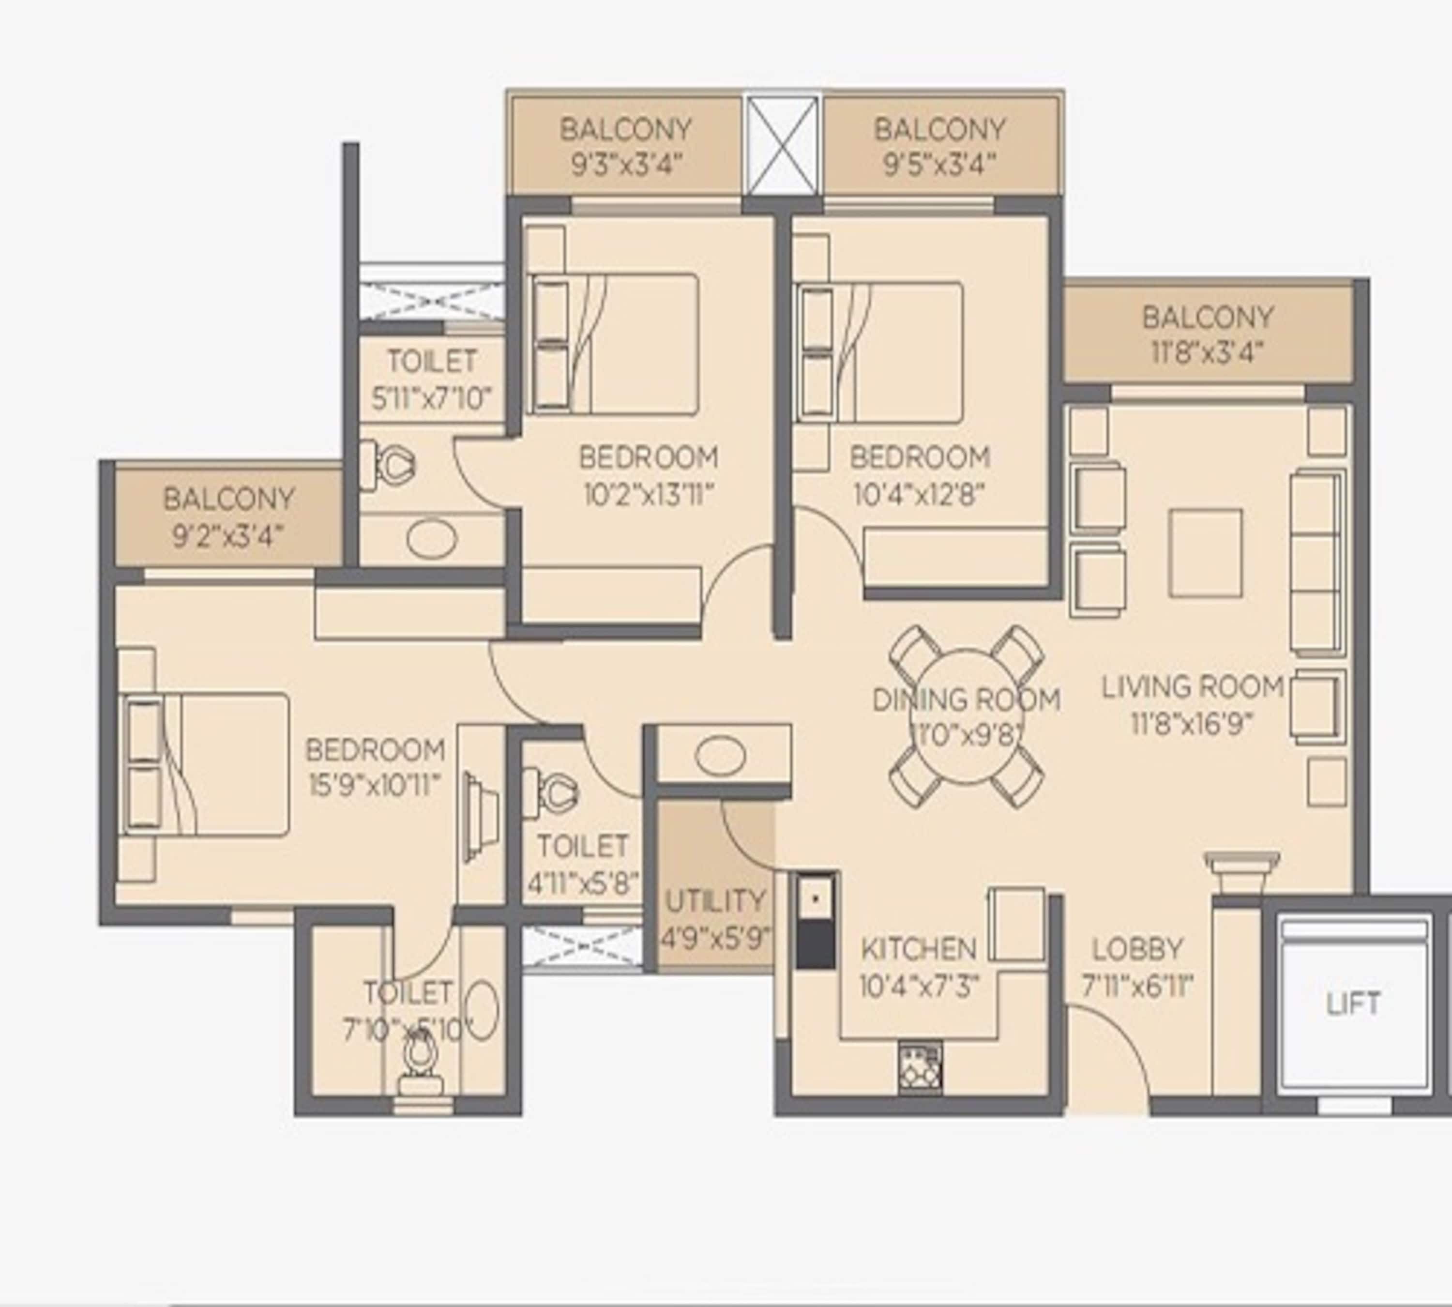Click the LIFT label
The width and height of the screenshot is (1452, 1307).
pyautogui.click(x=1352, y=1003)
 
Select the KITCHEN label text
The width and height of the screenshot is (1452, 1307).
pyautogui.click(x=919, y=949)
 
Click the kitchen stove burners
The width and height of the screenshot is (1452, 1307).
pyautogui.click(x=920, y=1068)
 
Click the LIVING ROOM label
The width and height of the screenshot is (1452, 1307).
pyautogui.click(x=1193, y=686)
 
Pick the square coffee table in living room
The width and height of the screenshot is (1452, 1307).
pyautogui.click(x=1206, y=553)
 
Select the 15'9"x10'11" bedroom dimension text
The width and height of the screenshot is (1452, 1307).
pyautogui.click(x=374, y=786)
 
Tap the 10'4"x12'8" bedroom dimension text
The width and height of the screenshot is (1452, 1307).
pyautogui.click(x=919, y=494)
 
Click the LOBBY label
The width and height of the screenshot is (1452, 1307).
pyautogui.click(x=1137, y=949)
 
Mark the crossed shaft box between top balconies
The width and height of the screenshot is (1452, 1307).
pyautogui.click(x=782, y=146)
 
